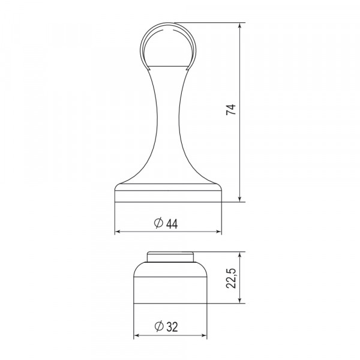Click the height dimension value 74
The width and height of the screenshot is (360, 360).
click(232, 111)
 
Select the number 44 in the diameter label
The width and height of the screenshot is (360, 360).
click(172, 223)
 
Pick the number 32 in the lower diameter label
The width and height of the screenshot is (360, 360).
click(172, 328)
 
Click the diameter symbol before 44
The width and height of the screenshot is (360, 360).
click(158, 223)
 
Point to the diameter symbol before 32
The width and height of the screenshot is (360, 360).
click(158, 328)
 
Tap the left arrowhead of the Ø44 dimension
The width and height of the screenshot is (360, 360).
click(118, 232)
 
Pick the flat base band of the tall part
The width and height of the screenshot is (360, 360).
click(167, 196)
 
